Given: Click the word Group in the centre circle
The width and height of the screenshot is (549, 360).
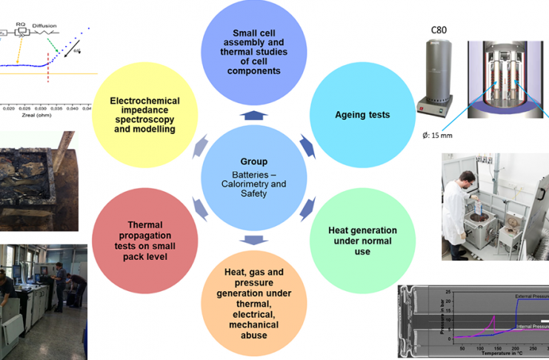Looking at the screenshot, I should coord(253,161).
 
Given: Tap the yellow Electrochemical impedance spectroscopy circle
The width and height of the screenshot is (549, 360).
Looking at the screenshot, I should coord(144,115).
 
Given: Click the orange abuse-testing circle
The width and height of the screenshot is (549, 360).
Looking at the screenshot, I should coord(254,303).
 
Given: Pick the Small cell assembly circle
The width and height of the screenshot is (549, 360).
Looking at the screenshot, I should coord(255,53).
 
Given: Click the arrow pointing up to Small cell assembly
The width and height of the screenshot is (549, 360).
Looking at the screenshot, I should coord(254,116).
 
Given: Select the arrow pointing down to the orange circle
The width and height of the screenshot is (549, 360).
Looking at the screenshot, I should coord(254,239).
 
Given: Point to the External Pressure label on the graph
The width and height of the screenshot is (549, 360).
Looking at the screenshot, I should coord(532,296).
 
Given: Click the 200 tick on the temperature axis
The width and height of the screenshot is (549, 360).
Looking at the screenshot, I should coord(515,347).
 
